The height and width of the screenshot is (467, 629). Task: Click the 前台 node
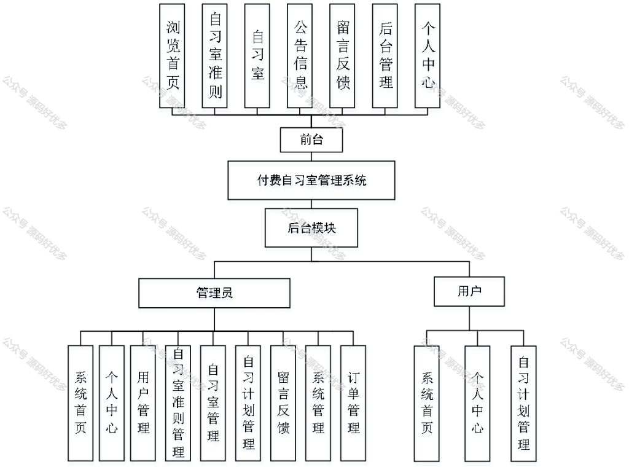[311, 139]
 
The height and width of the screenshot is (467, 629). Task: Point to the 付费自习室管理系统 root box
[311, 181]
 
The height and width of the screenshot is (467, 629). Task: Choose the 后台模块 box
[311, 227]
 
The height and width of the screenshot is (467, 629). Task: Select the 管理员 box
[214, 293]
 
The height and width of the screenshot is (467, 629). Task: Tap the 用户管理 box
[143, 402]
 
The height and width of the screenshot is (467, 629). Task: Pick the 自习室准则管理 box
[179, 402]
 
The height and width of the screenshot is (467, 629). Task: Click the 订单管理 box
[353, 402]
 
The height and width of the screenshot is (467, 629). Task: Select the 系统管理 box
[318, 402]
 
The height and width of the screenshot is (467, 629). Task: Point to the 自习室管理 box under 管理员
[213, 402]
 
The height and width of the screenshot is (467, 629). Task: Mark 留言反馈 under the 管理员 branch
[283, 402]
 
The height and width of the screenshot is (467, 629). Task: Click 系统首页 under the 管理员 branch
[80, 402]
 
